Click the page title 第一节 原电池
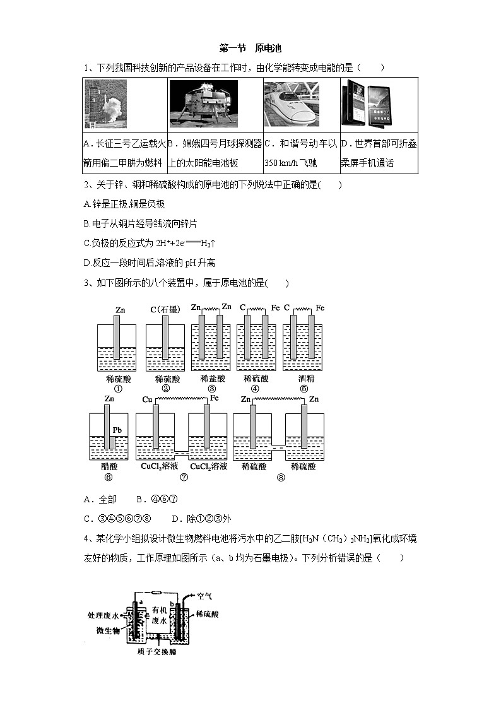(x=250, y=48)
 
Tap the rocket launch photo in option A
(x=105, y=104)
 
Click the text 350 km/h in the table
(x=283, y=163)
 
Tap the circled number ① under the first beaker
(x=117, y=389)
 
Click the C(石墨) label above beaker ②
(x=165, y=309)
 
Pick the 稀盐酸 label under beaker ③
(x=212, y=379)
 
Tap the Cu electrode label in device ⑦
(x=147, y=399)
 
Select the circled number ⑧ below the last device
(x=280, y=477)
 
